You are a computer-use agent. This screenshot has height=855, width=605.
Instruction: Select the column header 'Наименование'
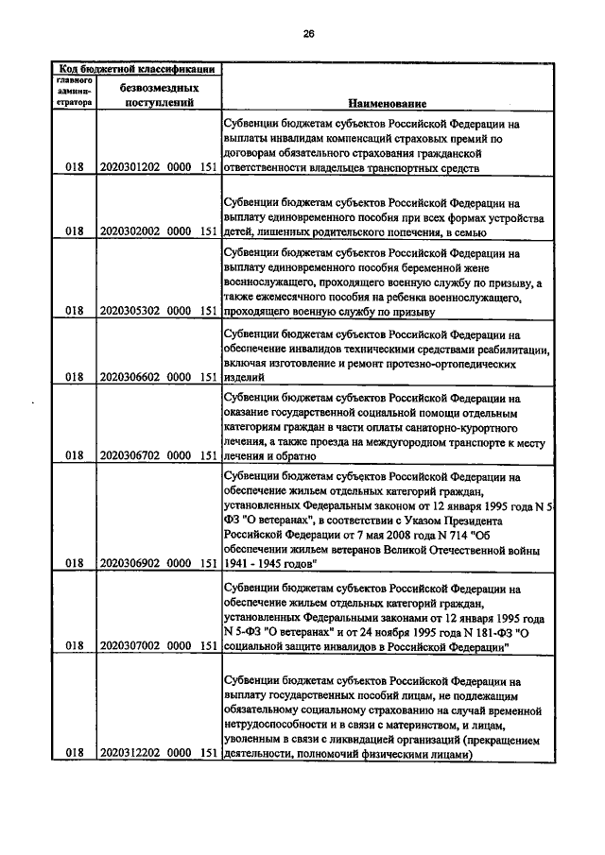click(x=386, y=102)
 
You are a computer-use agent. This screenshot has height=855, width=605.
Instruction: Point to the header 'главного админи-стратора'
click(x=72, y=92)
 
